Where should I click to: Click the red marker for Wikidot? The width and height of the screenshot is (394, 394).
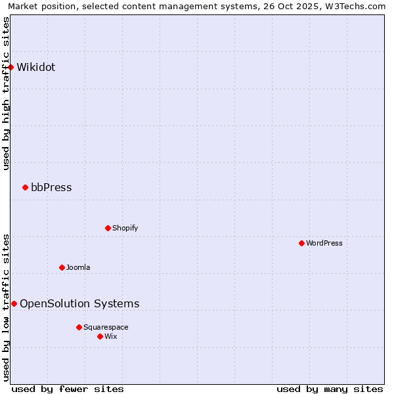11,67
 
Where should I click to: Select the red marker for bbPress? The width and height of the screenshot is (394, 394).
25,188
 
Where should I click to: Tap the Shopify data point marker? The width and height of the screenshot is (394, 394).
108,228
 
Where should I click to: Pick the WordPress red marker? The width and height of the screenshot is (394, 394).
301,243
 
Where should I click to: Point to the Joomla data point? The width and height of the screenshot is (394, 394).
62,267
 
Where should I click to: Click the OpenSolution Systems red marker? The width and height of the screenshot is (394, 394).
14,303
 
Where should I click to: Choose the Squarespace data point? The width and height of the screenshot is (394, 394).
79,327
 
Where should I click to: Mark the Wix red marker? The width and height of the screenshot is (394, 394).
100,336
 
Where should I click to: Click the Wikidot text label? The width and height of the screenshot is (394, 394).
36,67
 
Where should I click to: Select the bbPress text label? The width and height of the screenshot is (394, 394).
51,188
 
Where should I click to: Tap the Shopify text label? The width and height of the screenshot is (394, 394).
125,228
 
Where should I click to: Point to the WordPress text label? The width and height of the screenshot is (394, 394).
324,243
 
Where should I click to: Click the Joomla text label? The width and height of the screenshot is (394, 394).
78,267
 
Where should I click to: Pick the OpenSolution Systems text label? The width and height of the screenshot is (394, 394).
79,303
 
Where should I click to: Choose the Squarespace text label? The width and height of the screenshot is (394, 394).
106,327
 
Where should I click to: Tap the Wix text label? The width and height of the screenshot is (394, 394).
110,336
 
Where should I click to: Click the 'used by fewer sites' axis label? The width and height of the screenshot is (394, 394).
68,389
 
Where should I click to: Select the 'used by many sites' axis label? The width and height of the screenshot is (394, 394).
330,389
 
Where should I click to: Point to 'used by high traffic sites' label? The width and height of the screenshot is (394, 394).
6,93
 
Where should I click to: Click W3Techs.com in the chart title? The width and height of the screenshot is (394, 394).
354,6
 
